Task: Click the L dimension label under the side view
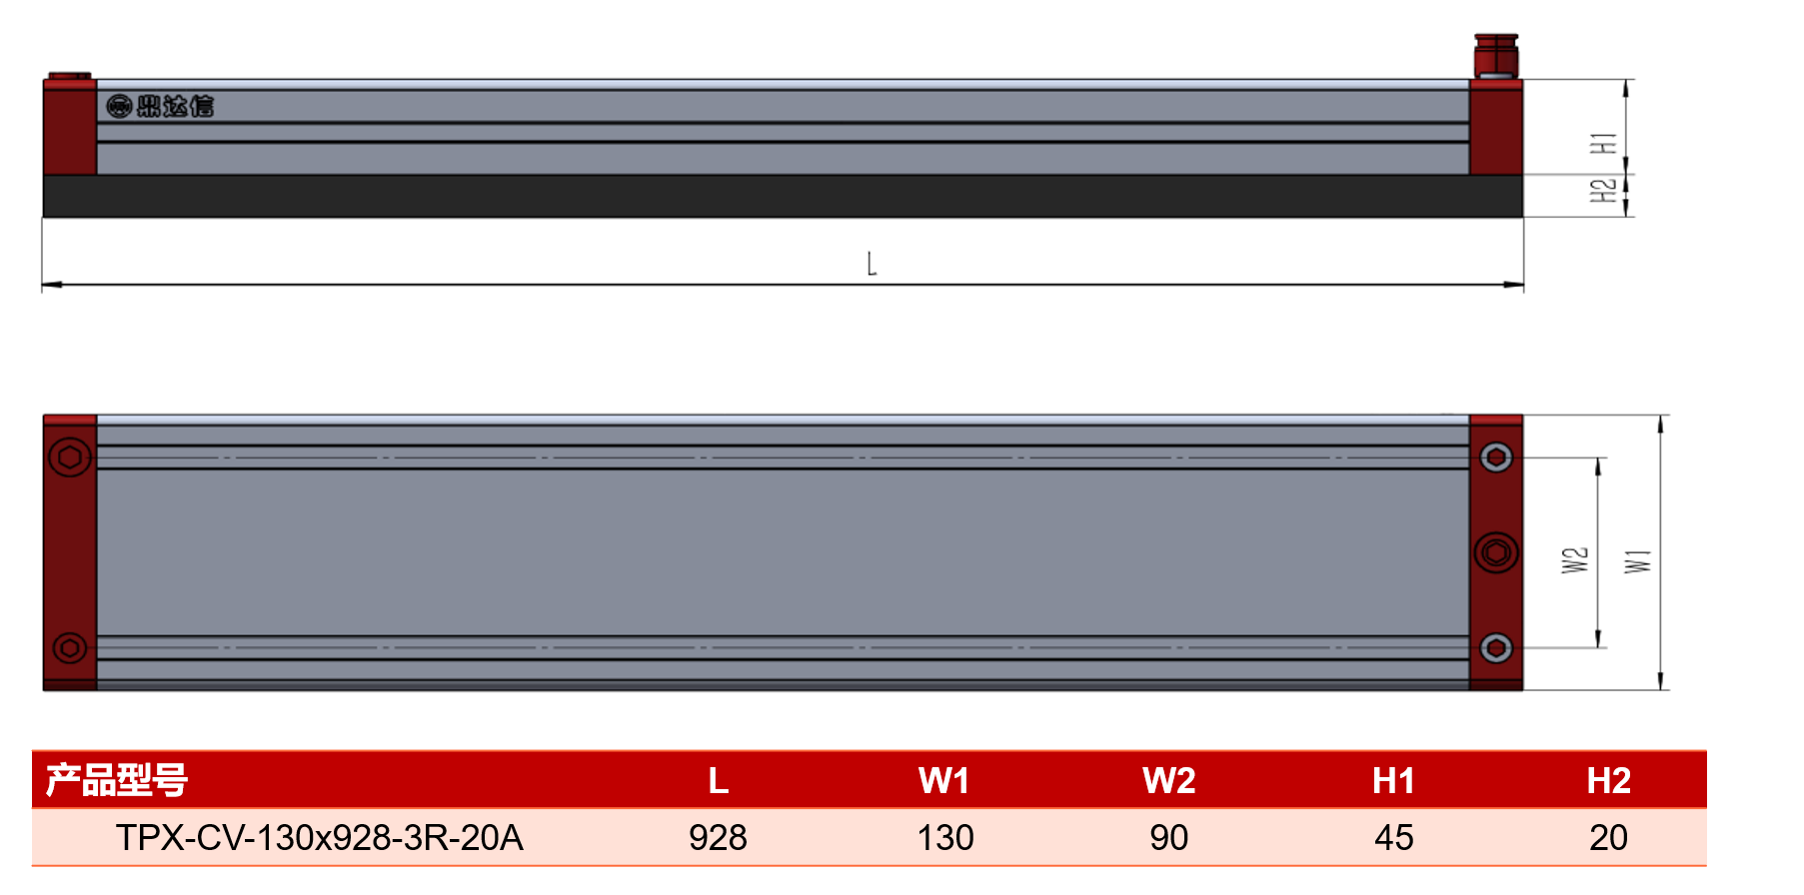tap(872, 264)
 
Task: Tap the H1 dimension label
tap(1603, 143)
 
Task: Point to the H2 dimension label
tap(1603, 190)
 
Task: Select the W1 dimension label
tap(1638, 561)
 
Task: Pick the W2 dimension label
tap(1575, 560)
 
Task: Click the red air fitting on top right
tap(1496, 56)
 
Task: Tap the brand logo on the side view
tap(160, 106)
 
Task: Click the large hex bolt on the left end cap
tap(70, 457)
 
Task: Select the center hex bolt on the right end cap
tap(1496, 552)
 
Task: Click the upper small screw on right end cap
tap(1496, 457)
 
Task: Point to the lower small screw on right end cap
tap(1496, 648)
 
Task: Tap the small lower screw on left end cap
tap(70, 648)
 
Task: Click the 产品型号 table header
tap(117, 780)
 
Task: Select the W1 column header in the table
tap(944, 780)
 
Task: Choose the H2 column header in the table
tap(1609, 780)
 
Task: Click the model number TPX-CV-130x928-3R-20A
tap(320, 837)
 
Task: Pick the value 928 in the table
tap(718, 837)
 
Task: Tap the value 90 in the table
tap(1169, 837)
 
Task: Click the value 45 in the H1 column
tap(1394, 837)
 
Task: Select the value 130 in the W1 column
tap(945, 837)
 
